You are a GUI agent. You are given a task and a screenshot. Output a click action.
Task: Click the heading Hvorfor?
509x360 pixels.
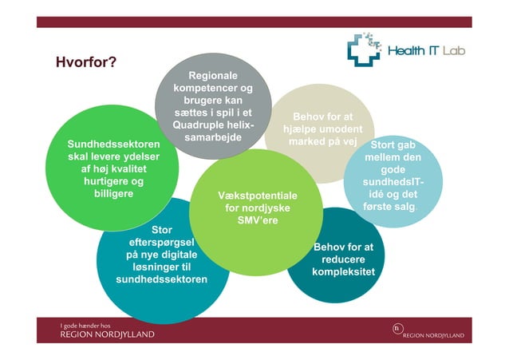pos(86,62)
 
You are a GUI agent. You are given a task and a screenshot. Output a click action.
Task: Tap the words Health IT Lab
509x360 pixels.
pos(424,50)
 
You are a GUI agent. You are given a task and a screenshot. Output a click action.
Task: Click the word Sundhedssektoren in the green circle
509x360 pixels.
pos(113,144)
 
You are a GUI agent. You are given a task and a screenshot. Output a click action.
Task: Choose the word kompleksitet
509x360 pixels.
pos(344,272)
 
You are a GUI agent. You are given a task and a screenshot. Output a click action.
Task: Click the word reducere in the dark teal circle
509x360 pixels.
pos(344,259)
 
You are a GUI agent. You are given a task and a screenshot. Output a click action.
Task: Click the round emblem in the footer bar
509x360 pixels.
pos(397,329)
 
